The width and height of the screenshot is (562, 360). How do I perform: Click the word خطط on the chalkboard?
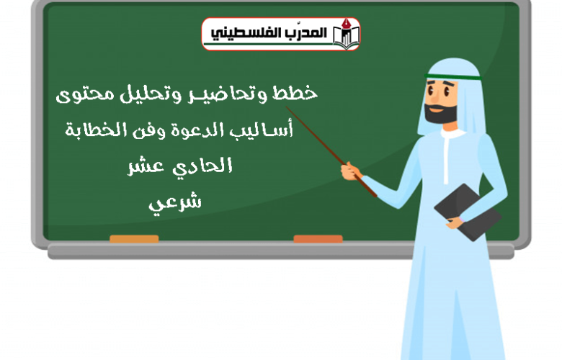coord(295,93)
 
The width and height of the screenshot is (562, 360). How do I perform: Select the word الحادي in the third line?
coord(203,166)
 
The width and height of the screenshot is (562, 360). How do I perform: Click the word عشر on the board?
coord(146,166)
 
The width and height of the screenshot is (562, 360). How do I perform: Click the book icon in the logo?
coord(346,34)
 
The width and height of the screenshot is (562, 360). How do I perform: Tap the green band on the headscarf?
coord(453,76)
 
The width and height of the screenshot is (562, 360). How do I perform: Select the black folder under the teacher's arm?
coord(468,212)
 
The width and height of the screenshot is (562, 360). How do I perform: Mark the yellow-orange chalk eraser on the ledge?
coord(134,239)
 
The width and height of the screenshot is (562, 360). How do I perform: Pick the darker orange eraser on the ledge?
coord(318,239)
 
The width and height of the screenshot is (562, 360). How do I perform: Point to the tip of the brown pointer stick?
coord(286,107)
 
